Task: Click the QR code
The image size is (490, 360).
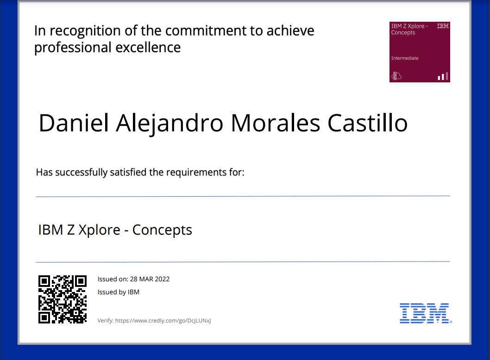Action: pos(63,299)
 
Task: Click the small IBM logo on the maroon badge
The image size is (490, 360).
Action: pos(442,26)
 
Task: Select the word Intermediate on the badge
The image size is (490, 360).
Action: pos(405,58)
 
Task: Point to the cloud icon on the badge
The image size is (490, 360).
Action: pos(396,76)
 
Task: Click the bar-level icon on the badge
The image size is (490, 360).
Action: pos(443,76)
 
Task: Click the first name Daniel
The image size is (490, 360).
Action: pos(74,123)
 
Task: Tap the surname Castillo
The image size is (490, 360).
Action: pos(368,123)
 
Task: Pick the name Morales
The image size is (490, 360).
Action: pos(275,123)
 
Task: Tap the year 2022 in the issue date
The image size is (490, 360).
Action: pos(162,279)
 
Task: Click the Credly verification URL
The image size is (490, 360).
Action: pos(163,321)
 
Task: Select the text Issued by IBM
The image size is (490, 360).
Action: pos(119,292)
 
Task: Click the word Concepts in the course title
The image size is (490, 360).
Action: pos(162,230)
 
